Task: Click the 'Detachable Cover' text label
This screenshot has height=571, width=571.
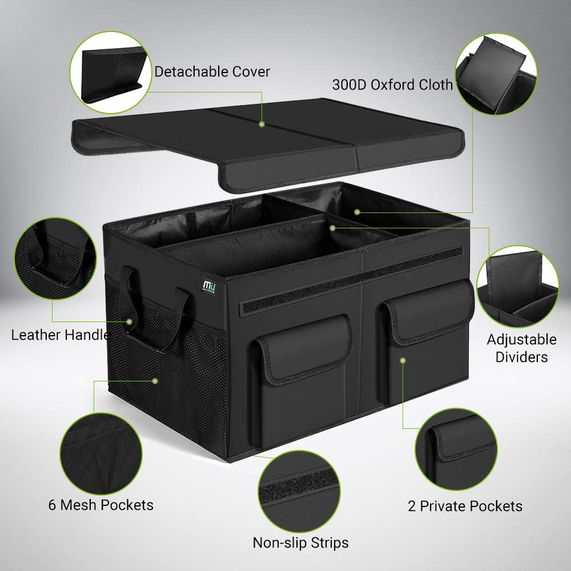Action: click(x=212, y=72)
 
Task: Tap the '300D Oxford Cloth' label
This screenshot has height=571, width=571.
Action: click(x=392, y=85)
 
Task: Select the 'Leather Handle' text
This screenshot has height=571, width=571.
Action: click(x=61, y=335)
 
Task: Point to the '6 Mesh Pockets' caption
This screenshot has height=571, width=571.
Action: click(x=101, y=505)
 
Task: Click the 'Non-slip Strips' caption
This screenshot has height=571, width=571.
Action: click(x=300, y=543)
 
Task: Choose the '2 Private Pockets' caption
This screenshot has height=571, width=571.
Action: click(x=465, y=506)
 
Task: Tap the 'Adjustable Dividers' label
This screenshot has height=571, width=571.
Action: click(x=521, y=348)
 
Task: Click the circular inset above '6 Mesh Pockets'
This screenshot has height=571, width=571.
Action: click(x=101, y=454)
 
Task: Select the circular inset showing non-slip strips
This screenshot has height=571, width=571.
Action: click(x=299, y=492)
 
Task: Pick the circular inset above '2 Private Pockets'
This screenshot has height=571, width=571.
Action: click(x=456, y=449)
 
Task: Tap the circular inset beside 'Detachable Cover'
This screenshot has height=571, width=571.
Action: click(x=111, y=73)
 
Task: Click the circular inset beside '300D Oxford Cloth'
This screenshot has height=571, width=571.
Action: click(x=496, y=75)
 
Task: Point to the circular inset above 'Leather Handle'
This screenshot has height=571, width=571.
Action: click(x=56, y=259)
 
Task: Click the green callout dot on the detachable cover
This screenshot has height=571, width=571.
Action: click(x=262, y=124)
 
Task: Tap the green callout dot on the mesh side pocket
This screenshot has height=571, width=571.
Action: click(x=155, y=381)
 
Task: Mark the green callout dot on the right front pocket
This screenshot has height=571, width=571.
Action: click(x=403, y=360)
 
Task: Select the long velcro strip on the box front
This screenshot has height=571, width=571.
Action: click(x=351, y=280)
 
